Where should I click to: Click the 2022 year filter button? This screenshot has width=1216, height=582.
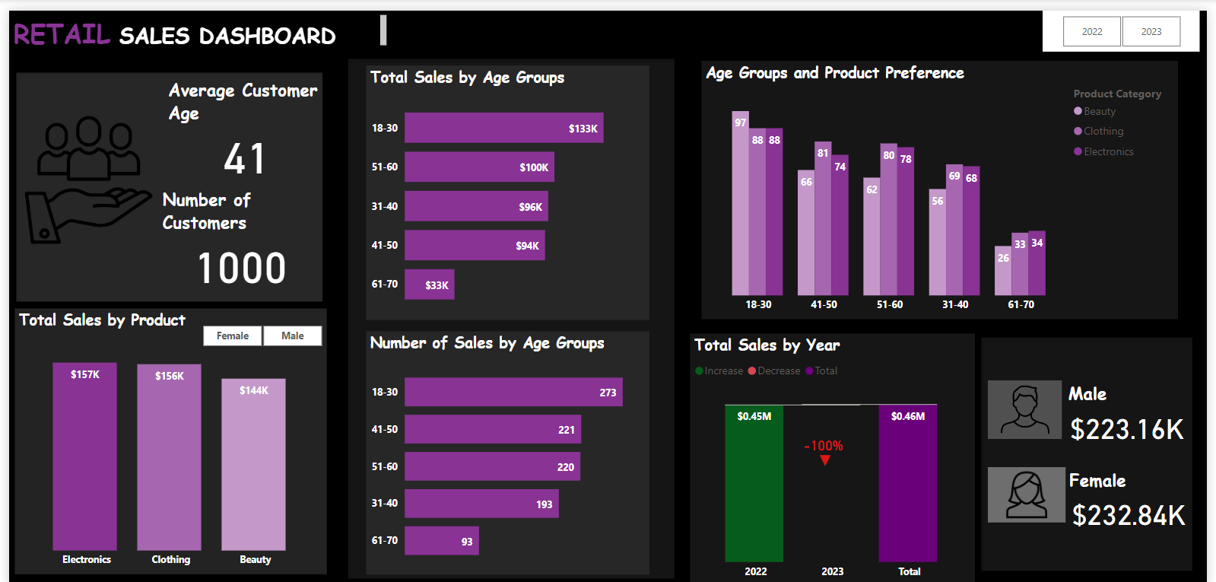[1091, 32]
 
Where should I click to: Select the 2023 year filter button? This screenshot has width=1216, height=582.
[1151, 32]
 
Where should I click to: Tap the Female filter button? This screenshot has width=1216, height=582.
[232, 336]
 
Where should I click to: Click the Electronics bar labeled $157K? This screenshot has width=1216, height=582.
[84, 456]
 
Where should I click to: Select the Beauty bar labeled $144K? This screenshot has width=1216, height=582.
[253, 464]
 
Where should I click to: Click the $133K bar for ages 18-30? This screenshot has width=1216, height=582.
[503, 128]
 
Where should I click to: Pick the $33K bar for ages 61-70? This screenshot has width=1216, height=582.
[429, 285]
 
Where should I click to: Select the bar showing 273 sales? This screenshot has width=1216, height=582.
[513, 392]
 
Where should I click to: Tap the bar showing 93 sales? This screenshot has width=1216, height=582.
[441, 541]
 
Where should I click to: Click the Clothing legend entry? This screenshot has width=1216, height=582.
[1103, 131]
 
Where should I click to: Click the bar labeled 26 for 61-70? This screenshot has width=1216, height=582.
[1002, 271]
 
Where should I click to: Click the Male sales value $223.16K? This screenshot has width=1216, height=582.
[1126, 430]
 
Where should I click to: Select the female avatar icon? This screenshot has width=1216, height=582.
[1026, 495]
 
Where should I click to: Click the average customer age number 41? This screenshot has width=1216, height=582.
[244, 159]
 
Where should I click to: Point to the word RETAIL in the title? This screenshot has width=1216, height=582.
[62, 34]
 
